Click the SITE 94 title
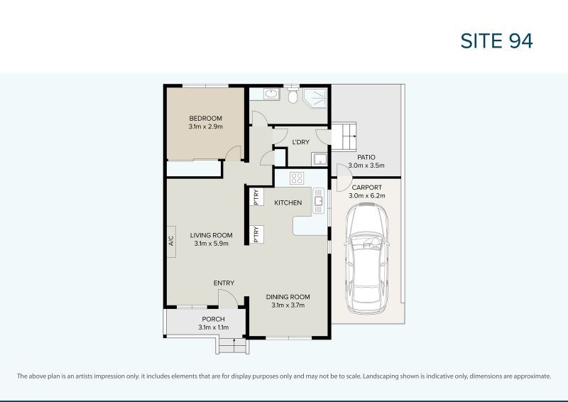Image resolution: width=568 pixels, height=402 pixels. pos(496,40)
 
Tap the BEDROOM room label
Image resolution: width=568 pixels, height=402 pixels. pos(205,118)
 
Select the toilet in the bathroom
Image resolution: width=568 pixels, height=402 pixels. pos(293,95)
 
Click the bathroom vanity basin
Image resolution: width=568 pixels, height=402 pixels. pos(271,94)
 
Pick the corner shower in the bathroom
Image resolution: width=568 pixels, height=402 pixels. pos(315,98)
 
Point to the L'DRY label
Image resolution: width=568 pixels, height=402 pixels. pos(300,142)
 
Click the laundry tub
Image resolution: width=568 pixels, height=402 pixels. pos(319,159)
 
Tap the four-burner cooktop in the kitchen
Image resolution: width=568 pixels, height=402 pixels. pos(297,178)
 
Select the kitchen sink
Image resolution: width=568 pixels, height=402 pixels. pos(318,200)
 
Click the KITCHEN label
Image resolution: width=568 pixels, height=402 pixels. pos(288,202)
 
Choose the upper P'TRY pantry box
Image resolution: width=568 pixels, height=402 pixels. pos(256,197)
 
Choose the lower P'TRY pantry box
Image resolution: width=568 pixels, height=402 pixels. pos(256,234)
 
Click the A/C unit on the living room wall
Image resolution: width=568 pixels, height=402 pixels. pos(171,241)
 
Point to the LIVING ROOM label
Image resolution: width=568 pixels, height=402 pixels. pos(211,235)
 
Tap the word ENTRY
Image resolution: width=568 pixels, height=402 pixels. pos(224,283)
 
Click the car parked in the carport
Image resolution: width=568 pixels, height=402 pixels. pos(366,258)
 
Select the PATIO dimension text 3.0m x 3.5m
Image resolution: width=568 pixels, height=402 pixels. pos(366,165)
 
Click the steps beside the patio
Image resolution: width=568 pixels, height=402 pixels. pos(344,136)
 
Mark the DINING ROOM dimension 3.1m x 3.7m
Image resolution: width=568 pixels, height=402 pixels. pos(288,305)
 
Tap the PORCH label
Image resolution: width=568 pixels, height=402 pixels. pos(214,319)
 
